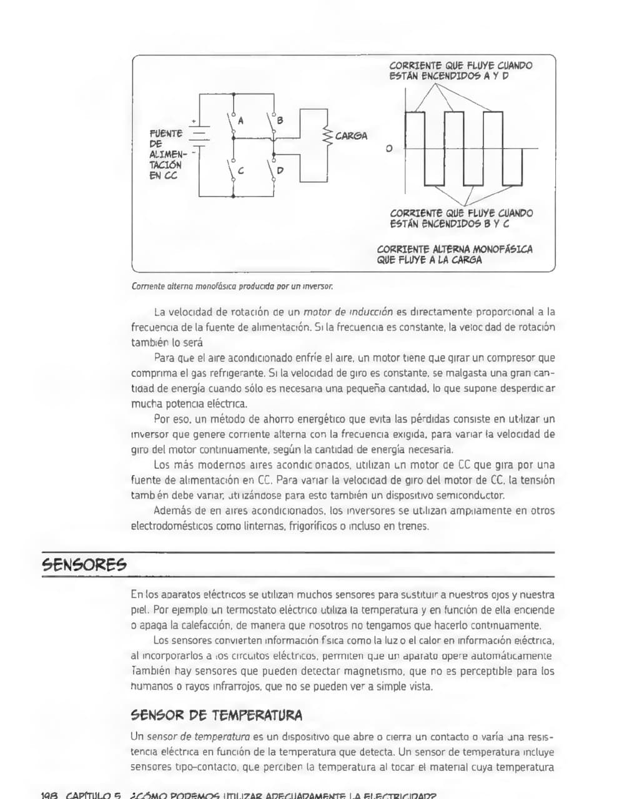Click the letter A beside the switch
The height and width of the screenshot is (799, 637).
pos(241,120)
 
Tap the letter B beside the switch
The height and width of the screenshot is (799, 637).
pos(280,120)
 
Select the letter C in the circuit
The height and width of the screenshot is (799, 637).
pos(241,170)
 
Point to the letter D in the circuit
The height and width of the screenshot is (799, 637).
pos(280,170)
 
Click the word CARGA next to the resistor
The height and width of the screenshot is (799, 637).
pos(351,136)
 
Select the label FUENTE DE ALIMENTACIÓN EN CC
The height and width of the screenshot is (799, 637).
pos(166,154)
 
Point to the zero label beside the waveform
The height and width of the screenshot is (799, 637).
pos(389,149)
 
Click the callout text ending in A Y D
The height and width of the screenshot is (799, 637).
pos(460,71)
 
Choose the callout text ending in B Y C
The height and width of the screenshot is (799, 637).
pos(461,218)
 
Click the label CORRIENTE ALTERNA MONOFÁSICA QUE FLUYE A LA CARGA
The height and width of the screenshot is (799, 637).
pos(455,255)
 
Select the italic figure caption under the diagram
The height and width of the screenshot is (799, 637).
pos(232,287)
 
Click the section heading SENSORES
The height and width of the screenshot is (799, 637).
pos(84,566)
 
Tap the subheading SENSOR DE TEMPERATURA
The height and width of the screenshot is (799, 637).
pos(216,715)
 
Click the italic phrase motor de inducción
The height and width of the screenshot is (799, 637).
pos(348,311)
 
